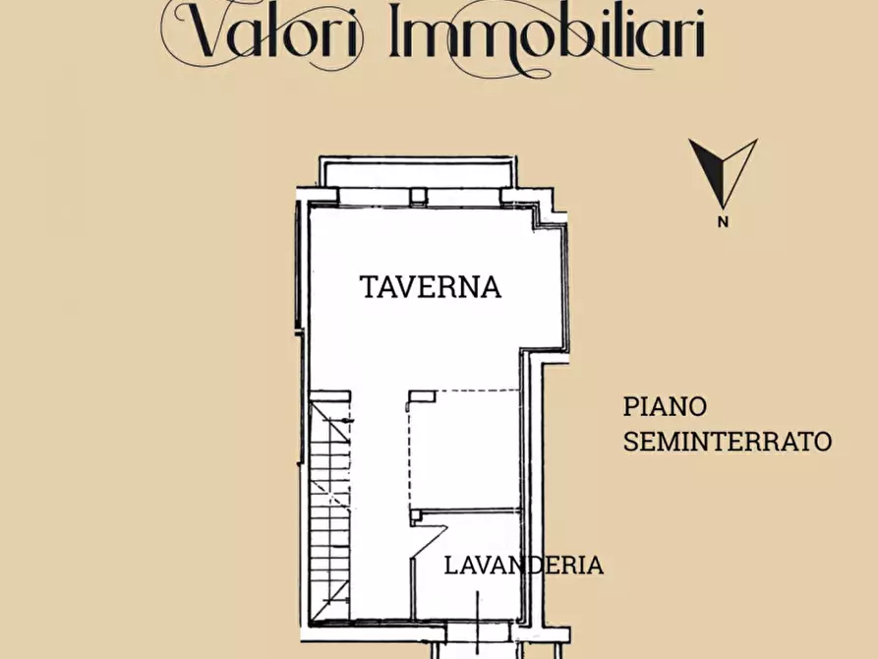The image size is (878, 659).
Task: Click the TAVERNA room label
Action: (431, 287)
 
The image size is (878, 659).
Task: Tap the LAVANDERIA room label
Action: (523, 566)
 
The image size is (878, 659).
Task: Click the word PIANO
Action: (666, 406)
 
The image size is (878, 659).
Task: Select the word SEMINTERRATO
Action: (728, 442)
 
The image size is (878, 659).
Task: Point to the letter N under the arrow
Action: (724, 221)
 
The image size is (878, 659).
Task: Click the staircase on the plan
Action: (330, 507)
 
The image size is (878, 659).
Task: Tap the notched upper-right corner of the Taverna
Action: (551, 216)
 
